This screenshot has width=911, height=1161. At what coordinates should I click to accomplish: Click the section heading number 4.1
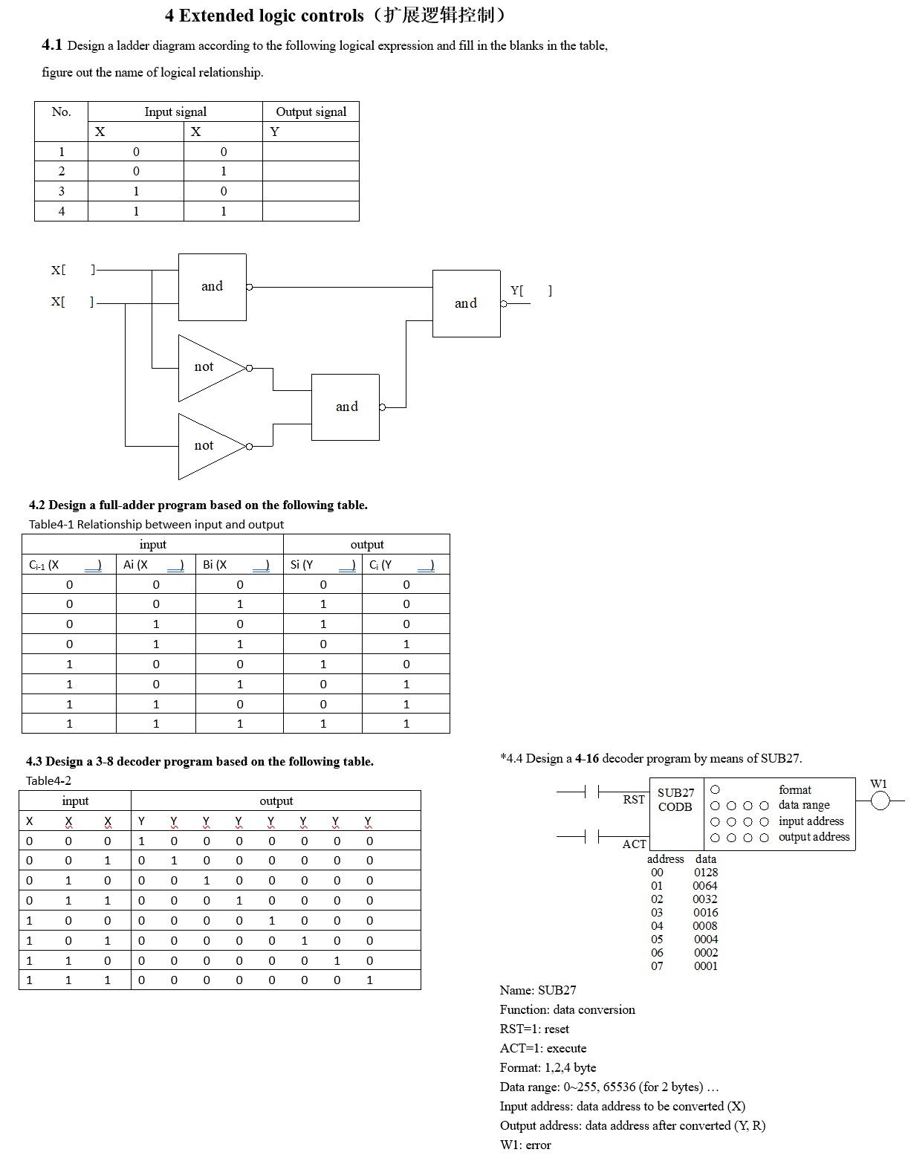point(52,45)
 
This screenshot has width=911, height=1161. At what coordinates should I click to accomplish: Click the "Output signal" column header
point(311,111)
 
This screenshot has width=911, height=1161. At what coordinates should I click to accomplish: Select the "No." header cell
point(61,111)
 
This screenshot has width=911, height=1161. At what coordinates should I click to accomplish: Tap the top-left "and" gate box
point(212,287)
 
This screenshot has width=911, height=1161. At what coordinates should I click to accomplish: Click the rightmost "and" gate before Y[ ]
point(466,303)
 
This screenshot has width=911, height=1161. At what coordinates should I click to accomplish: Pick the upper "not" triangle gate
point(208,367)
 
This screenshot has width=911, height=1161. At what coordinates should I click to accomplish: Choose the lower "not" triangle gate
point(208,446)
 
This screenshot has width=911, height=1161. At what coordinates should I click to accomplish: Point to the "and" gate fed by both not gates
point(346,407)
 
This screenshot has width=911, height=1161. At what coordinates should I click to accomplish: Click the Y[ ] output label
point(531,291)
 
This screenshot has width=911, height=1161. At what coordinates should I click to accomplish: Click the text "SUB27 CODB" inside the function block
point(675,800)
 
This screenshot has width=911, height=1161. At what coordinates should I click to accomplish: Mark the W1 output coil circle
point(880,801)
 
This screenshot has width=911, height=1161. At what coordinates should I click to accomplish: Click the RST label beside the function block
point(634,800)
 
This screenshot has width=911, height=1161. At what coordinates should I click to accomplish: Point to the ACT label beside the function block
point(634,844)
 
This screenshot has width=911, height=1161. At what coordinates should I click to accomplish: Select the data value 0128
point(706,873)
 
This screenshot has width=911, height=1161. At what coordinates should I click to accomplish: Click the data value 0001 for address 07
point(706,966)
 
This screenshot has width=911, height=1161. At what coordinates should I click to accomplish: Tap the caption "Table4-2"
point(48,780)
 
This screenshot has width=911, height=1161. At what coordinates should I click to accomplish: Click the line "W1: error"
point(525,1145)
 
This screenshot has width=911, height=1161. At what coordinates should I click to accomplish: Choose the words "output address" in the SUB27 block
point(814,837)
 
